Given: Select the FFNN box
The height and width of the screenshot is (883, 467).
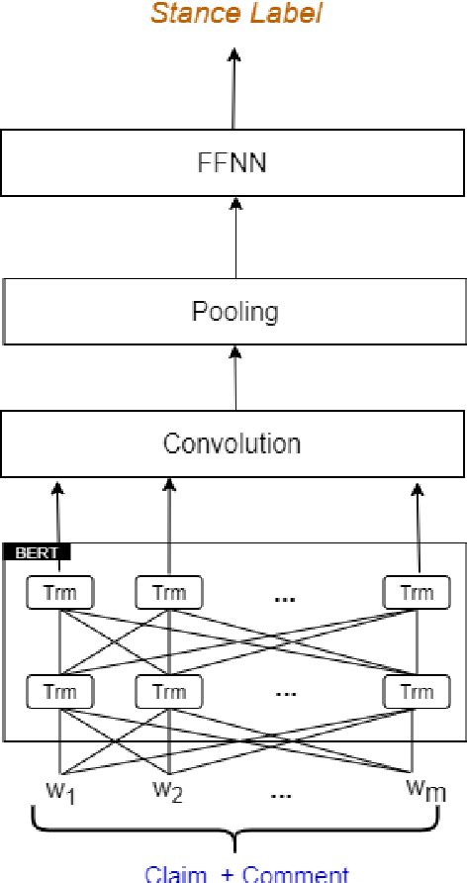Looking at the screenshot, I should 233,163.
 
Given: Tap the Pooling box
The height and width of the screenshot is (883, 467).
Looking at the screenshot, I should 233,312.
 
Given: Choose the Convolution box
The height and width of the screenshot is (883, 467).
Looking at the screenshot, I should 233,442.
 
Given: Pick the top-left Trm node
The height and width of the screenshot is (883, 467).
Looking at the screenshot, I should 60,593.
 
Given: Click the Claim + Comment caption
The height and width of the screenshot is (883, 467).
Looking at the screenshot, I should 246,873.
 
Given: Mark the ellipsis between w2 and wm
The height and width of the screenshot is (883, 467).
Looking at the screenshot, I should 287,793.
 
